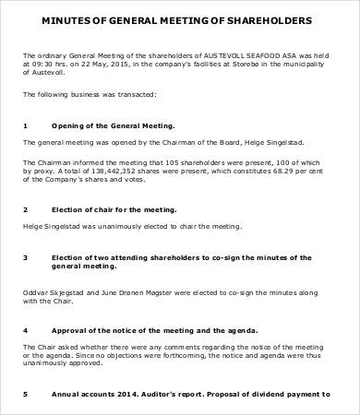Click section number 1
(25, 125)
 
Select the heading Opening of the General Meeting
(114, 125)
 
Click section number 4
(25, 329)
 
